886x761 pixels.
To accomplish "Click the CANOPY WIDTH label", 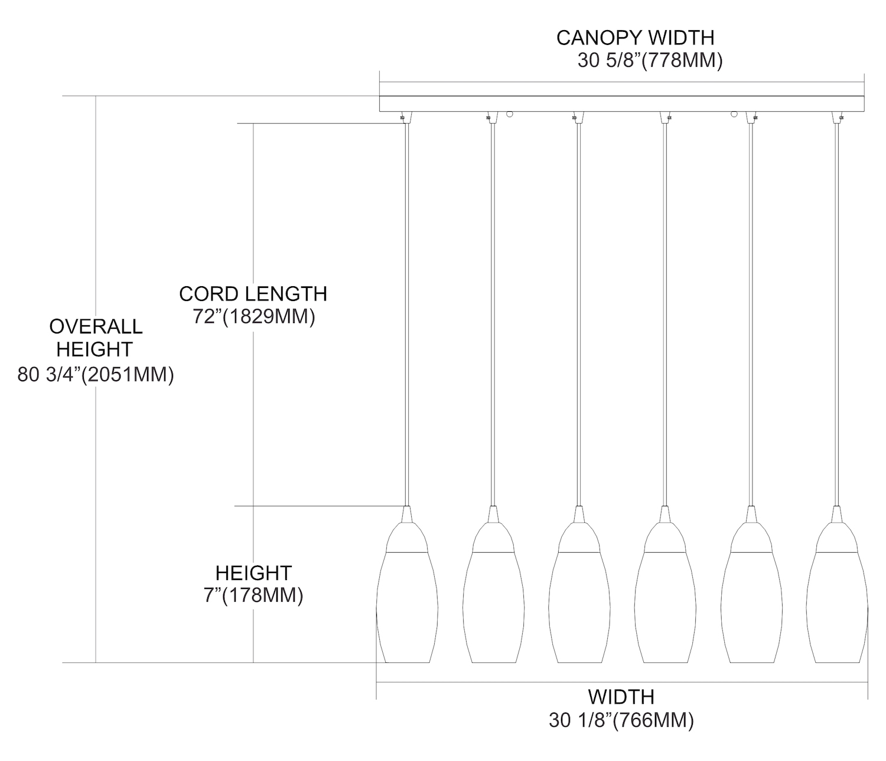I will (635, 38).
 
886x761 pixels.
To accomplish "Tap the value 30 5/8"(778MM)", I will (650, 61).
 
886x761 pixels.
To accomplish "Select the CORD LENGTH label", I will (253, 294).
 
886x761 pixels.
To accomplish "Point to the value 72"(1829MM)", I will (254, 317).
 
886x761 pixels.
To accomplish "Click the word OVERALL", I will (96, 326).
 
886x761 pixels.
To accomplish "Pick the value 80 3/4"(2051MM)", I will (96, 375).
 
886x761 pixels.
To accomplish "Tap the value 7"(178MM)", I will (253, 595).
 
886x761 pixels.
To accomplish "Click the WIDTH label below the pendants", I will (621, 697).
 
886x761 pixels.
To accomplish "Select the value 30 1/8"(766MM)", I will (621, 720).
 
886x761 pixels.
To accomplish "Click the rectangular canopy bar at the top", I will (621, 103).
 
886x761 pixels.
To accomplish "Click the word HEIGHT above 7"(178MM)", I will (253, 573).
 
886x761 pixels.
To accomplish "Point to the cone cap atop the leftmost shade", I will (406, 516).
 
